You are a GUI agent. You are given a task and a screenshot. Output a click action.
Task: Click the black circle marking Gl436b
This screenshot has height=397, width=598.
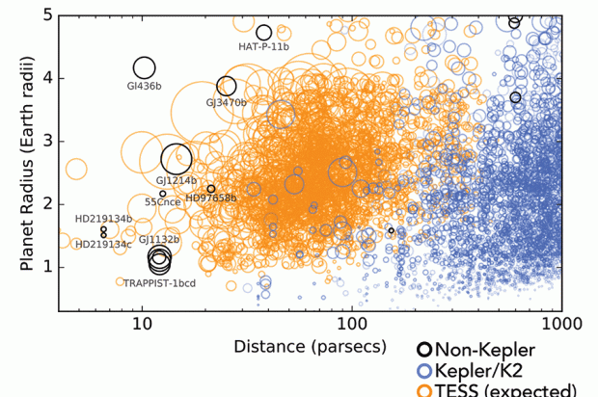point(144,67)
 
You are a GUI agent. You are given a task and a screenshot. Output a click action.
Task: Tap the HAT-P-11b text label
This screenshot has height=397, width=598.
point(263,46)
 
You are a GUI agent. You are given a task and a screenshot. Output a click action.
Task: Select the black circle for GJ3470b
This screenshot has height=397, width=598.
point(227,87)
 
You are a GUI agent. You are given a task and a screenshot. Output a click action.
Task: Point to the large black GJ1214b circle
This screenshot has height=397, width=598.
point(177,159)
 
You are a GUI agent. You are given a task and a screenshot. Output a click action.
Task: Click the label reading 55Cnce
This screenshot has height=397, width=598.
point(161,202)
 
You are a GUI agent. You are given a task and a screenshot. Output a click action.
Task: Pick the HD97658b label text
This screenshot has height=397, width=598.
point(210,198)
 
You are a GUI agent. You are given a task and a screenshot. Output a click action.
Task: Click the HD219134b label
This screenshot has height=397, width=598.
point(103,219)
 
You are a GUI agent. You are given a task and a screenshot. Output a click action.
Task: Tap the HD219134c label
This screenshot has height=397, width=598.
point(103,244)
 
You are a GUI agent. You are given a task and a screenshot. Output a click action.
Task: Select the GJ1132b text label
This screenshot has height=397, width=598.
point(159,239)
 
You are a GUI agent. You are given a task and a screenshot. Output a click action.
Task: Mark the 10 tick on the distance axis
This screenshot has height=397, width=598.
point(142,319)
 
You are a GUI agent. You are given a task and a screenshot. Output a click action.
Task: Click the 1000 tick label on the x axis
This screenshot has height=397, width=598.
point(557,319)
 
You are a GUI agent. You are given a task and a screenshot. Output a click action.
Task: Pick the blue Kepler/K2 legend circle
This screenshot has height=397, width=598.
point(424,371)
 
